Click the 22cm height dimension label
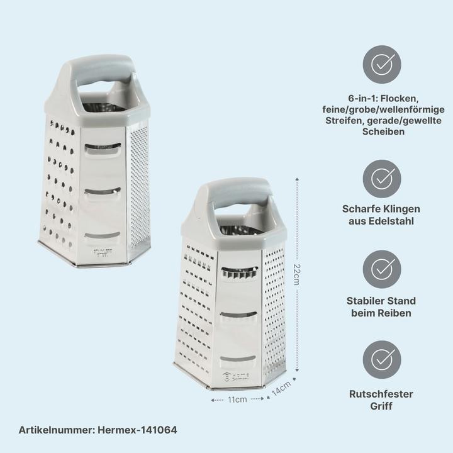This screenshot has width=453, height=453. tap(296, 274)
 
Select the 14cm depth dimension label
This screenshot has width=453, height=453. tap(281, 388)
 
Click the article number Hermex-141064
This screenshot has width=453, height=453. tap(98, 430)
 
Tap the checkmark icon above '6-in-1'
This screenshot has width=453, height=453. tap(382, 64)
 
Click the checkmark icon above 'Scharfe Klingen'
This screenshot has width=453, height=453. tap(382, 178)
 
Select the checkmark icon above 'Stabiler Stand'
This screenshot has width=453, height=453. tap(382, 269)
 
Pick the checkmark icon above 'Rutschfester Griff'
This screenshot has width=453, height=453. tap(382, 360)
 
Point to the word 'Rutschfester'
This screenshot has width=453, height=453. tap(381, 394)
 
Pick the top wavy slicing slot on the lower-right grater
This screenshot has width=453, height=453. tap(239, 271)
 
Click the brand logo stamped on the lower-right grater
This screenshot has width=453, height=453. tap(237, 377)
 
